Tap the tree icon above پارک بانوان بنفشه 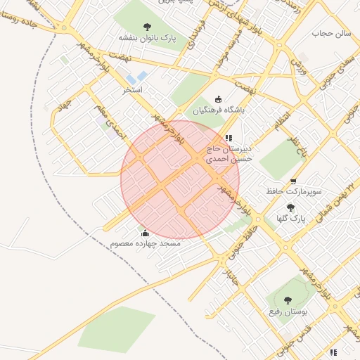point(147,27)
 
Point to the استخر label point(133,91)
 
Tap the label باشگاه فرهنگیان point(216,110)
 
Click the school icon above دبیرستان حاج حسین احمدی point(228,138)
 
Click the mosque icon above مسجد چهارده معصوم point(146,233)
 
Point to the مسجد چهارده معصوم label point(146,243)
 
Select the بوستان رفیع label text point(285,309)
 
